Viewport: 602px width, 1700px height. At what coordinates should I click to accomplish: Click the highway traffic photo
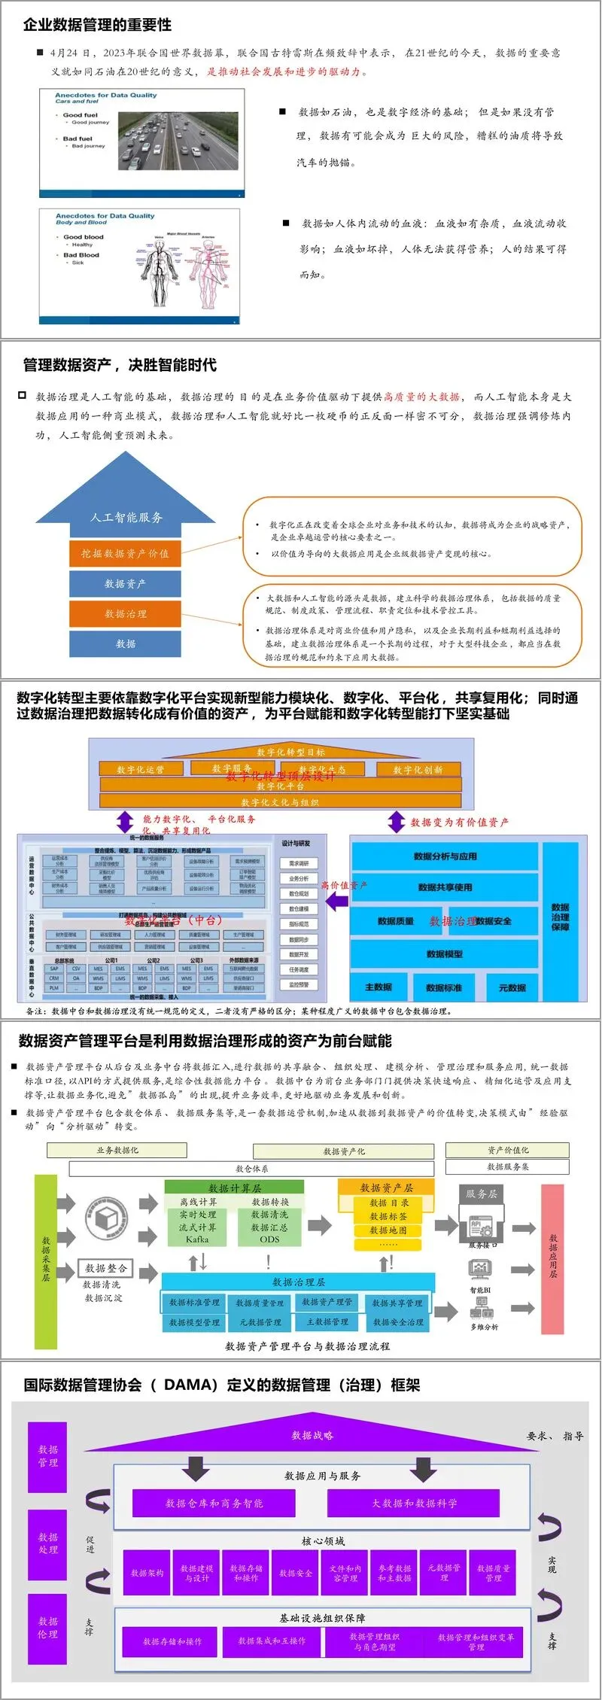click(178, 141)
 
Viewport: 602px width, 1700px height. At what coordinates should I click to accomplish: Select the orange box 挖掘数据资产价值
click(125, 553)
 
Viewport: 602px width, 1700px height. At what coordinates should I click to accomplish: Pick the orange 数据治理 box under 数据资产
click(125, 613)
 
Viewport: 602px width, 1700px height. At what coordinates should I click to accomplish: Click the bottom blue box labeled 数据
click(125, 643)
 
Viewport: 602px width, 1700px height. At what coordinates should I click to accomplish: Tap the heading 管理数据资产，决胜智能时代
click(120, 365)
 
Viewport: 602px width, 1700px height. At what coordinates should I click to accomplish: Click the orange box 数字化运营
click(140, 769)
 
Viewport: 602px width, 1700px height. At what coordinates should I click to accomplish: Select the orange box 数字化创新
click(418, 769)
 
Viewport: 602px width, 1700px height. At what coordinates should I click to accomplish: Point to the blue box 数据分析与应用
click(445, 856)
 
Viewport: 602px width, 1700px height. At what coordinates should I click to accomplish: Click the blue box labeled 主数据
click(379, 987)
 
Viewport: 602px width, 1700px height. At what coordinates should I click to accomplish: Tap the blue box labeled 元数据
click(512, 987)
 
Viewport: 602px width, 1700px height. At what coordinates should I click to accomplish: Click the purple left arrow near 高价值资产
click(336, 900)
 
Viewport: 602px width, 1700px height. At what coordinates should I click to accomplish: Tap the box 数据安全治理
click(398, 1321)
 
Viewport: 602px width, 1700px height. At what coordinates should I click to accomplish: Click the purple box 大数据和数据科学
click(414, 1503)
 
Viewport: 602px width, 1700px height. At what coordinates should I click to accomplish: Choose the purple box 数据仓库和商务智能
click(214, 1503)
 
